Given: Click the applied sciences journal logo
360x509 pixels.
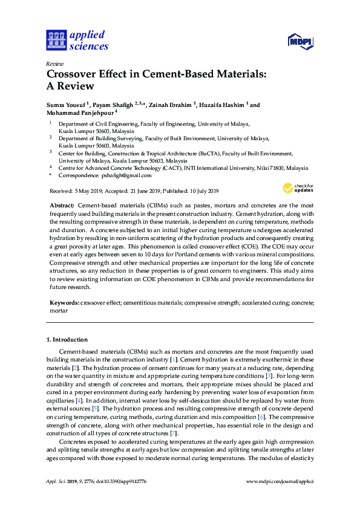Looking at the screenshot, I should (77, 40).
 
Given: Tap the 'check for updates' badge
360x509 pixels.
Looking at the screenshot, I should (299, 188).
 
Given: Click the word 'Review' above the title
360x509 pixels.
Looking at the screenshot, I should (55, 63).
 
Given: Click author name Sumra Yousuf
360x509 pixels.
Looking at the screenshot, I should (66, 105).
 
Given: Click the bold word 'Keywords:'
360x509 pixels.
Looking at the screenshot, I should (64, 302).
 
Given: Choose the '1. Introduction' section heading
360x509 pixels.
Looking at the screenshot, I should (67, 340).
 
